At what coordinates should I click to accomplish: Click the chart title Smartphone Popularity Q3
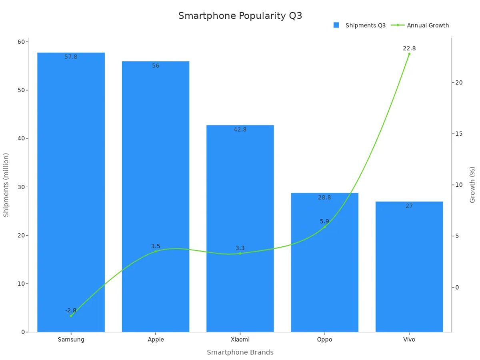[x=240, y=16]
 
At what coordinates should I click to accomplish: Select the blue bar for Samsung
[x=71, y=192]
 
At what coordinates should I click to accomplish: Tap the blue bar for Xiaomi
[x=240, y=228]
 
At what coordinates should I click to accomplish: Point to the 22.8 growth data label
[x=409, y=48]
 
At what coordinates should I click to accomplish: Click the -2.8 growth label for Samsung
[x=71, y=310]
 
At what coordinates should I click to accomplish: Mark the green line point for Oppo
[x=324, y=227]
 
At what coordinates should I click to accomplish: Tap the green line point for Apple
[x=156, y=251]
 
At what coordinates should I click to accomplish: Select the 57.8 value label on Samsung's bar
[x=71, y=57]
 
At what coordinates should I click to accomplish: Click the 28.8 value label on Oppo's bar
[x=324, y=197]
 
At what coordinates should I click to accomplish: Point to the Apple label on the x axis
[x=156, y=340]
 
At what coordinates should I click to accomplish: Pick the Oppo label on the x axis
[x=324, y=340]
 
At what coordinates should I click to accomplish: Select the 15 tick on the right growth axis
[x=458, y=134]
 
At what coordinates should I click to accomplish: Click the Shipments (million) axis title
[x=6, y=185]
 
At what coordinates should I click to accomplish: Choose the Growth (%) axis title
[x=472, y=185]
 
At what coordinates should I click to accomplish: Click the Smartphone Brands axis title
[x=240, y=352]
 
